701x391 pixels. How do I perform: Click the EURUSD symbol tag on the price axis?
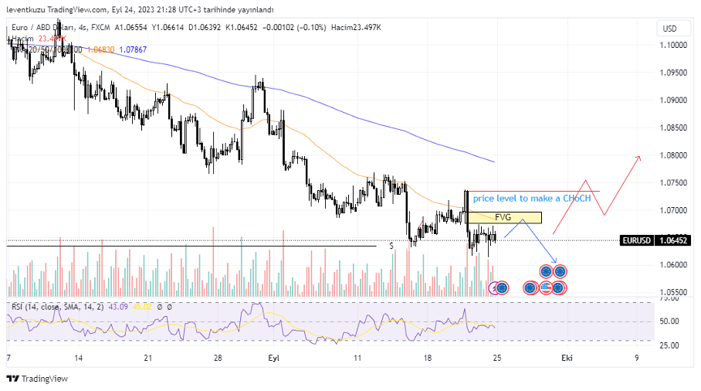click(x=637, y=240)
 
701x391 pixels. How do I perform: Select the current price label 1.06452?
click(x=672, y=240)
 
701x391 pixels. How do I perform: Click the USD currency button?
click(x=668, y=29)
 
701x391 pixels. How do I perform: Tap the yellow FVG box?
click(x=503, y=218)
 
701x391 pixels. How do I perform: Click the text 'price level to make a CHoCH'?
click(x=532, y=199)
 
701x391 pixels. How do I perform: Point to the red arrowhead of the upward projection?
click(x=638, y=158)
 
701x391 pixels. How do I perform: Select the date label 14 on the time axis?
click(x=79, y=359)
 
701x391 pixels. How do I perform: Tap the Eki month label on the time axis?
click(x=567, y=359)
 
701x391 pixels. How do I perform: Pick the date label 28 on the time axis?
click(x=218, y=359)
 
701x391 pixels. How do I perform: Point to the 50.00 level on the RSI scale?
click(x=668, y=321)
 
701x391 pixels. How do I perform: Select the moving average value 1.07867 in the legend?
click(x=132, y=49)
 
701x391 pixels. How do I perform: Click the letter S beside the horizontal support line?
click(x=391, y=246)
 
